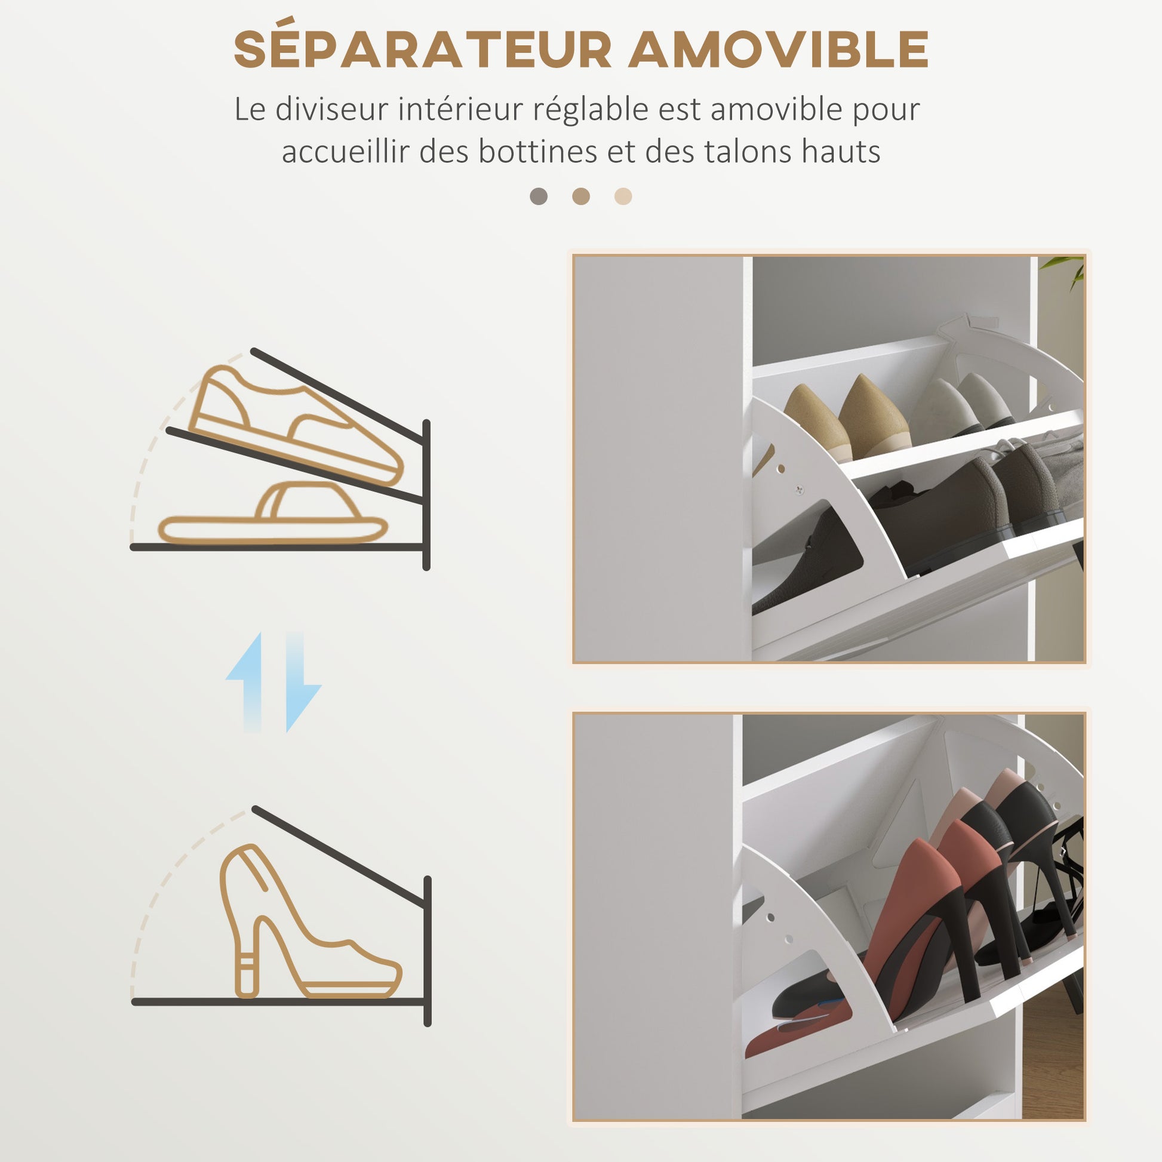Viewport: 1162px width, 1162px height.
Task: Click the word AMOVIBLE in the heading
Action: point(779,50)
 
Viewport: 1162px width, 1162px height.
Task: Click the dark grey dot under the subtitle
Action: point(538,196)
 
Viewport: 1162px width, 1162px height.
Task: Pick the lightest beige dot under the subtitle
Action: point(623,196)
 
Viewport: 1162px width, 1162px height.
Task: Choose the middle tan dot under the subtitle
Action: point(581,196)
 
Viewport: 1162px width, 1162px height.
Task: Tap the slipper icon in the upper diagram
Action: point(273,513)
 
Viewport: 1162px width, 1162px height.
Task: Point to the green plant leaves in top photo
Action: point(1065,269)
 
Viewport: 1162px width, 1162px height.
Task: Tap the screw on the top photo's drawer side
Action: point(799,490)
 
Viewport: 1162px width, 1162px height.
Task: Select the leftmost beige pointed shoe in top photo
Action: point(817,423)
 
